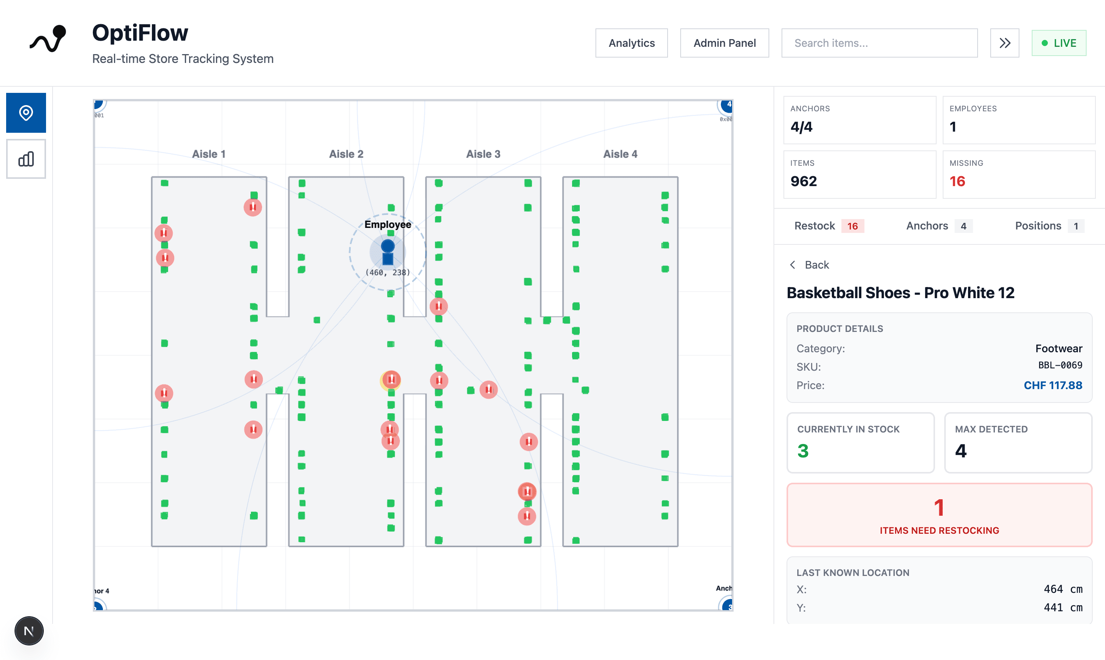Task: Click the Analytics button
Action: (631, 43)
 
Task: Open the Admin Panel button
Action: (724, 43)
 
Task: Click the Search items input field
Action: (879, 43)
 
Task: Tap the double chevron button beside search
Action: (1004, 43)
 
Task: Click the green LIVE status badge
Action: (1058, 43)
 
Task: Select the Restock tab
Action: (828, 226)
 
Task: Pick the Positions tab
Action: (1049, 226)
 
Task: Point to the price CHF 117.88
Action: (1052, 385)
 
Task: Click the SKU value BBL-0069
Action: (1060, 366)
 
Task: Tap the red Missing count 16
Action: (957, 181)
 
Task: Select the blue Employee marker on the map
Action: (388, 252)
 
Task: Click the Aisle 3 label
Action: (483, 154)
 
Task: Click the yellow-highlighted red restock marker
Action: (391, 380)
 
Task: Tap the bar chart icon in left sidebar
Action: (26, 159)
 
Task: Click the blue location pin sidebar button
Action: (26, 112)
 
